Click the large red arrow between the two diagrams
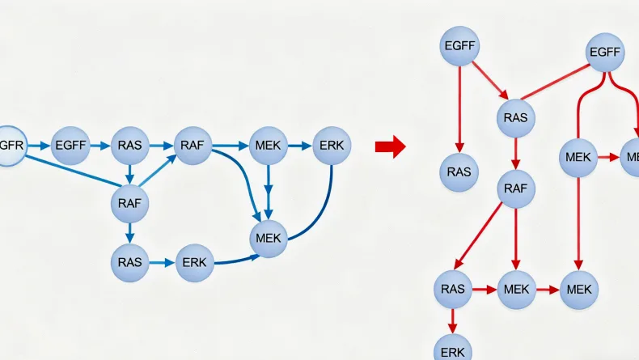pyautogui.click(x=390, y=146)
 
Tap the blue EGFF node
pyautogui.click(x=70, y=146)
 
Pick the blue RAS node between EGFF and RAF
pyautogui.click(x=129, y=146)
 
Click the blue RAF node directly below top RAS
pyautogui.click(x=129, y=203)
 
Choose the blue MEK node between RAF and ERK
pyautogui.click(x=269, y=146)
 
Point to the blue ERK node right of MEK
pyautogui.click(x=331, y=146)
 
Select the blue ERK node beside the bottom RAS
pyautogui.click(x=194, y=263)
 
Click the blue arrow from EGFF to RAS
pyautogui.click(x=99, y=146)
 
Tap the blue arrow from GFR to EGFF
pyautogui.click(x=39, y=146)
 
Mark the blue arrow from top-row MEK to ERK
pyautogui.click(x=300, y=146)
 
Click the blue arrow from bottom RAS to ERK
pyautogui.click(x=162, y=263)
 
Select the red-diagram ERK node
pyautogui.click(x=452, y=350)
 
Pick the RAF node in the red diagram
pyautogui.click(x=515, y=189)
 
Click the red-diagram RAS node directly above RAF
pyautogui.click(x=515, y=118)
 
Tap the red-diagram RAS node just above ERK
pyautogui.click(x=452, y=289)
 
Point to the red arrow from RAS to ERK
pyautogui.click(x=452, y=320)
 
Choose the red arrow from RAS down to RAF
pyautogui.click(x=515, y=154)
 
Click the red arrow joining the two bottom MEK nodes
pyautogui.click(x=548, y=289)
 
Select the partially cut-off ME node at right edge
pyautogui.click(x=631, y=156)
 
